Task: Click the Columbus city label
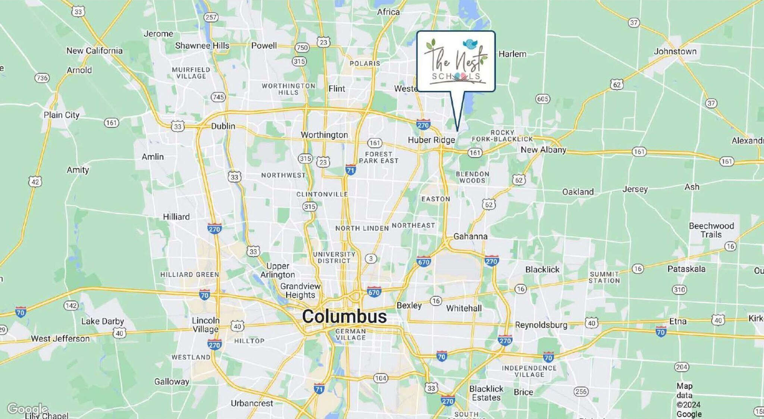click(x=344, y=317)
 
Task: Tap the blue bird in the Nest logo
click(x=470, y=44)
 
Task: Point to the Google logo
click(x=27, y=409)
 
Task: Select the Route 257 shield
click(x=211, y=17)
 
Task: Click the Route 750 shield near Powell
click(x=302, y=47)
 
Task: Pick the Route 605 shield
click(x=542, y=99)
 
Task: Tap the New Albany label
click(x=543, y=150)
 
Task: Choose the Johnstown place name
click(x=675, y=51)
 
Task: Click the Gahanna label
click(x=470, y=236)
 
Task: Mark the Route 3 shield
click(x=370, y=258)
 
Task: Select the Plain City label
click(x=62, y=115)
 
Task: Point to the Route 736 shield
click(x=42, y=78)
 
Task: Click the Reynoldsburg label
click(x=541, y=325)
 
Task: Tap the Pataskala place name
click(x=686, y=269)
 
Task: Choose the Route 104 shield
click(x=380, y=378)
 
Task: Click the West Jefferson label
click(x=60, y=339)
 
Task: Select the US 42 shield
click(x=35, y=182)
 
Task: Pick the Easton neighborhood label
click(x=435, y=199)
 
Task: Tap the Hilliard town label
click(x=176, y=217)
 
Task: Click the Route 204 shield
click(x=681, y=367)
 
